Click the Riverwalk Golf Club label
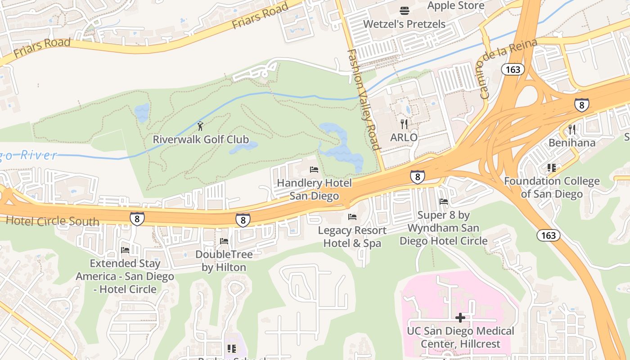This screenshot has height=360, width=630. tap(201, 139)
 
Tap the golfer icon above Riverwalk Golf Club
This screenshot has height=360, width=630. tap(201, 126)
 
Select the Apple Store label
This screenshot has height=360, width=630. tap(455, 6)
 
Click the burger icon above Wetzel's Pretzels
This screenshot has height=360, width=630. tap(404, 10)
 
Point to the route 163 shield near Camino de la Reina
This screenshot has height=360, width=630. tap(513, 69)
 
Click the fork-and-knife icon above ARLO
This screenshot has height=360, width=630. tap(404, 124)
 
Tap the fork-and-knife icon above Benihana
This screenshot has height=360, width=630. tap(572, 130)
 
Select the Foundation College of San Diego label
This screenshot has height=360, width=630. tap(552, 188)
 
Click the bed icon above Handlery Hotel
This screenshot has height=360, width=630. tap(314, 170)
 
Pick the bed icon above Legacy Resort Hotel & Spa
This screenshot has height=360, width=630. tap(352, 217)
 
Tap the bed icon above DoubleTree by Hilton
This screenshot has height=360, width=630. tap(224, 241)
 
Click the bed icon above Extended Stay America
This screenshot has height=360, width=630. tap(125, 250)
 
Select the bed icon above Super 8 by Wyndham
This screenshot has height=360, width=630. tap(444, 202)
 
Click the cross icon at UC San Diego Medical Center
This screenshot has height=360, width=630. tap(460, 318)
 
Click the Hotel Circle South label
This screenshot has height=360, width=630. tap(52, 221)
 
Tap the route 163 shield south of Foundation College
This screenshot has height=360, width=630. tap(549, 235)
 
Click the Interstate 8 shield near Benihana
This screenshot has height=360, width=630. tap(581, 105)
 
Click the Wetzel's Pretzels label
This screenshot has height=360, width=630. tap(404, 24)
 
